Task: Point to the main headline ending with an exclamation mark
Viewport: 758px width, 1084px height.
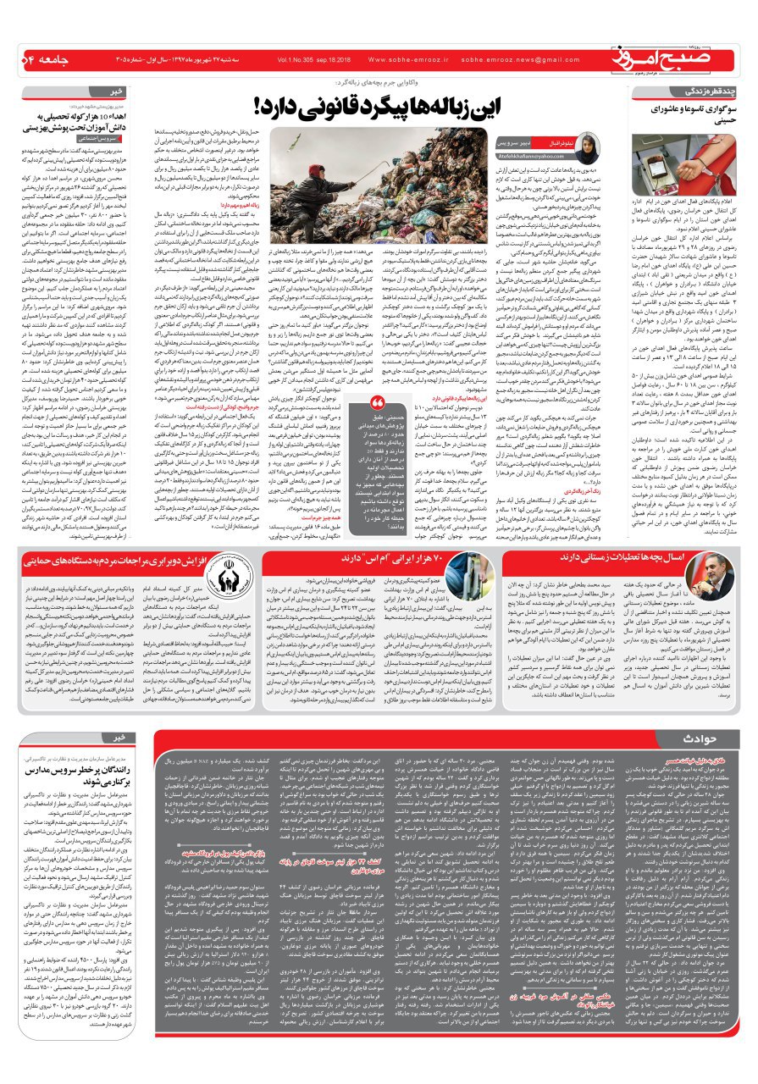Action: click(x=414, y=106)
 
